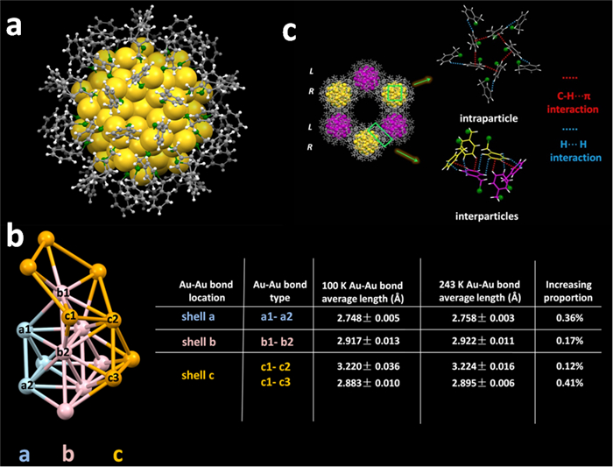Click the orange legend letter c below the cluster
coord(116,455)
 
